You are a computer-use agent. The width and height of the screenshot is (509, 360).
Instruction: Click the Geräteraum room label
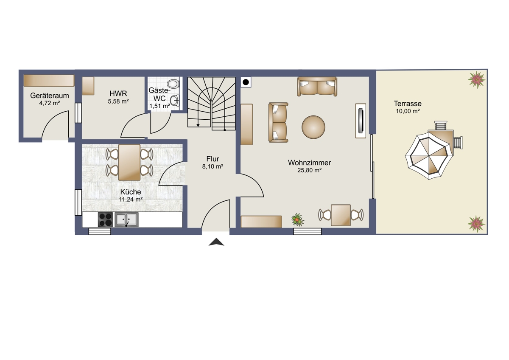[x=50, y=96]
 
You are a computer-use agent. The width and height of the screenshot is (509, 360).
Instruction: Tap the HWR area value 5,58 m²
[x=118, y=101]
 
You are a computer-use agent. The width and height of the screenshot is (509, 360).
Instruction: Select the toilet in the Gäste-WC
[x=174, y=84]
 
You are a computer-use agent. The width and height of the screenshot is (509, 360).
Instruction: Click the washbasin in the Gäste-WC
[x=175, y=101]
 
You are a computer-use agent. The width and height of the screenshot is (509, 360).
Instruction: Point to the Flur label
[x=213, y=159]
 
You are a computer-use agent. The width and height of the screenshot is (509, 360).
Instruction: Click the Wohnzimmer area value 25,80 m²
[x=309, y=170]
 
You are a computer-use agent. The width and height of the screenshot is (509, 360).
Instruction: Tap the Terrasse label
[x=408, y=104]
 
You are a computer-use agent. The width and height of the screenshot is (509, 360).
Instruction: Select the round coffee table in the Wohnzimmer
[x=313, y=127]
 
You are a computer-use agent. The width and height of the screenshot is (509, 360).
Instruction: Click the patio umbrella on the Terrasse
[x=428, y=156]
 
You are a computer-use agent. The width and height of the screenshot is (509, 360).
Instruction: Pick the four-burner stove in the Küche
[x=105, y=219]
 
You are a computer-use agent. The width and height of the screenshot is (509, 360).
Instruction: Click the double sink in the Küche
[x=126, y=219]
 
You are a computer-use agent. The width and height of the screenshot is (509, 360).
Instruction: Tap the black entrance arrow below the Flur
[x=216, y=242]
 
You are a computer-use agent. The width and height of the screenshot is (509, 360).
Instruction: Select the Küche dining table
[x=129, y=162]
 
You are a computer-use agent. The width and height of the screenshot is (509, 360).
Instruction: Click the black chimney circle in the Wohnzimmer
[x=246, y=82]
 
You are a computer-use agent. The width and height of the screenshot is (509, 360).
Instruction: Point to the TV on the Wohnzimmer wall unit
[x=361, y=121]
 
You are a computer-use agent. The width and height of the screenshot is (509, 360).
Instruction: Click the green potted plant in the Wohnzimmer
[x=298, y=219]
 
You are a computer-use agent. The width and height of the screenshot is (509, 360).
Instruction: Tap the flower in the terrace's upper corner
[x=477, y=79]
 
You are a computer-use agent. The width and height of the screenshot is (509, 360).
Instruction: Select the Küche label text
[x=131, y=192]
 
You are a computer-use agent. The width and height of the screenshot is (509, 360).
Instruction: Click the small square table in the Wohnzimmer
[x=341, y=215]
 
